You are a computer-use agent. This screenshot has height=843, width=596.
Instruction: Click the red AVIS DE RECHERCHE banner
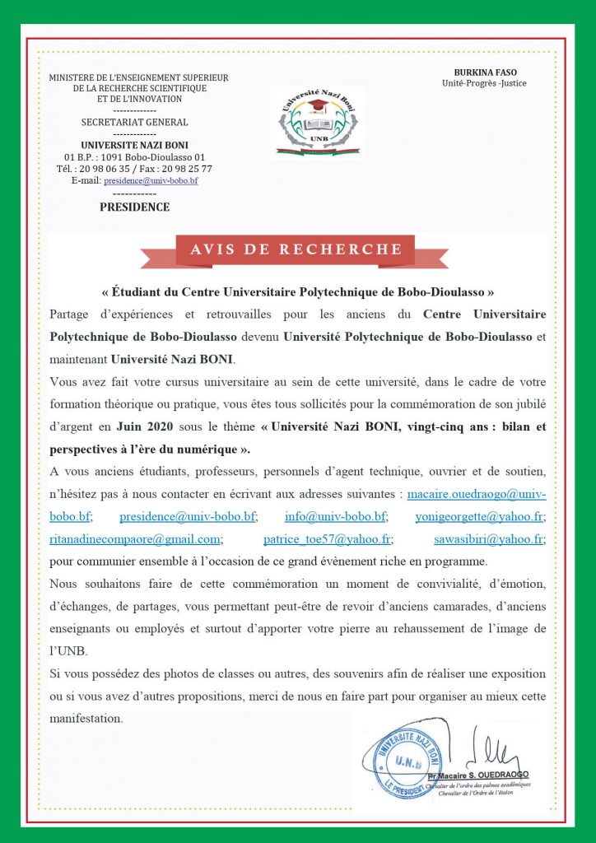296,249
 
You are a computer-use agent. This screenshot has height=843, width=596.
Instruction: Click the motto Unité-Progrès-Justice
484,83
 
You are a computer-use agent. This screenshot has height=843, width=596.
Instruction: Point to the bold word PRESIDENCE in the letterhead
134,207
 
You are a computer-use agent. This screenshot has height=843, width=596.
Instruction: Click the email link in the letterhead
151,180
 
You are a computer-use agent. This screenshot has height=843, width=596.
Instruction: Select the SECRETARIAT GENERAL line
134,122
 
